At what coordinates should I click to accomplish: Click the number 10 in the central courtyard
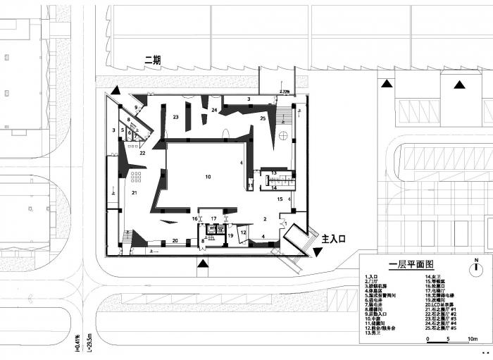(208, 176)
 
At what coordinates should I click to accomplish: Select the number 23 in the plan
(176, 117)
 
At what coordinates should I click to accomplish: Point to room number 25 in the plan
(263, 119)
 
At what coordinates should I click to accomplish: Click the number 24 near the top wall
(214, 111)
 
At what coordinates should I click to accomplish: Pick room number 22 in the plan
(142, 153)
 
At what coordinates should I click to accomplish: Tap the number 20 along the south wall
(175, 242)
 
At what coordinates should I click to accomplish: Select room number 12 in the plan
(244, 232)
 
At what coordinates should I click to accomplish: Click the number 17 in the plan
(213, 219)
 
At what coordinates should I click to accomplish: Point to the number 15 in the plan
(280, 200)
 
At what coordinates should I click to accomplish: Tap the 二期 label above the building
(153, 61)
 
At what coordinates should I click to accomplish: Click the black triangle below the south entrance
(203, 264)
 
